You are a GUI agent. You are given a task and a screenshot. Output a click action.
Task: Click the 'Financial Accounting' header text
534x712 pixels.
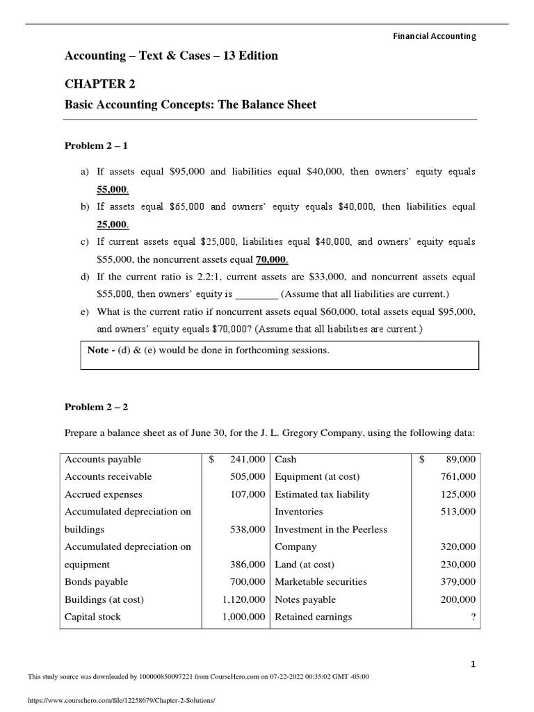click(435, 36)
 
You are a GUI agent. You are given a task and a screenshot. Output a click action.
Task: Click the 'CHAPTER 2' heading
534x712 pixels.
click(100, 83)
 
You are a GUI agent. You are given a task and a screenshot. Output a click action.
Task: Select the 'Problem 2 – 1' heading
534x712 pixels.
click(97, 145)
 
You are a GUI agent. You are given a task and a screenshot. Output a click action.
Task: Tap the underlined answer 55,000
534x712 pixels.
click(113, 189)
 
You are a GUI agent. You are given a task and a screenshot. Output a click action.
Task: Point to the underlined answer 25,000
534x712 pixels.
click(113, 225)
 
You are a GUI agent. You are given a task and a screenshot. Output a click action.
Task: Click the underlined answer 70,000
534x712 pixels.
click(272, 259)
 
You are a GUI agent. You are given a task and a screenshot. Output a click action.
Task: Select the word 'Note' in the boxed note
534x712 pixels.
click(97, 350)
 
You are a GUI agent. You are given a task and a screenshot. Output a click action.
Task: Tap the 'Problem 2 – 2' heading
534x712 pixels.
click(97, 407)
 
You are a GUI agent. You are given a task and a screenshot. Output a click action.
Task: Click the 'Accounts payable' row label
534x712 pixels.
click(103, 460)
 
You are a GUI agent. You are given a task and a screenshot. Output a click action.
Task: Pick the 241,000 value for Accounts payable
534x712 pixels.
click(248, 460)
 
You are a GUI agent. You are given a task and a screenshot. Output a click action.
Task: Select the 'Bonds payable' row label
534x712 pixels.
click(96, 582)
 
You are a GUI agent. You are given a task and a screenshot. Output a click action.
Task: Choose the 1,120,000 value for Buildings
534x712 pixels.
click(244, 599)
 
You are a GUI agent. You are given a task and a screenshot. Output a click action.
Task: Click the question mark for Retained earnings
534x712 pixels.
click(473, 617)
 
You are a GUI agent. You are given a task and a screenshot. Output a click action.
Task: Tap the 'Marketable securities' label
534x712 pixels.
click(321, 582)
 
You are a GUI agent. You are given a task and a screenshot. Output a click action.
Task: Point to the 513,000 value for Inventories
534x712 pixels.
click(458, 512)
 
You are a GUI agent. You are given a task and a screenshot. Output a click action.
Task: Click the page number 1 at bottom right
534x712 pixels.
click(474, 665)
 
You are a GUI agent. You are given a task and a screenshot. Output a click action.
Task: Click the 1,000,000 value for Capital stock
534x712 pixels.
click(244, 617)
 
